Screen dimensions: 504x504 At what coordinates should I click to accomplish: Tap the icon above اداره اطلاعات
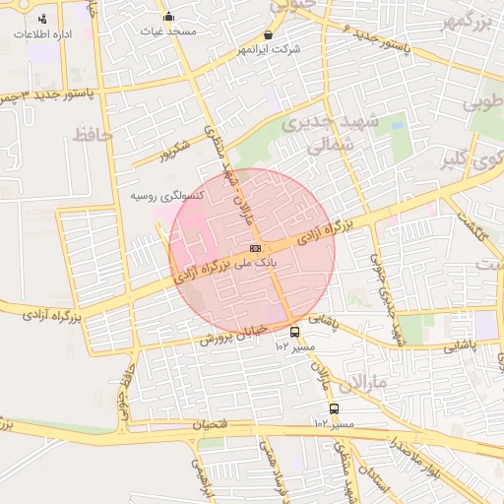pos(41,19)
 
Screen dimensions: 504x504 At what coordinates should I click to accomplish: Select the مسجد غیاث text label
pos(169,31)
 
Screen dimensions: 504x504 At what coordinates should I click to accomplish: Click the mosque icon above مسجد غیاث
pos(169,16)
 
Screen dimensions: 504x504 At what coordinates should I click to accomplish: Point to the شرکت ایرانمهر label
pos(268,49)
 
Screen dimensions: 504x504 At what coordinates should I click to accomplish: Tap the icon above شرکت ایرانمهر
pos(268,34)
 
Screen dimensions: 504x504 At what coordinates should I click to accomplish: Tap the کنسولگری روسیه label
pos(167,196)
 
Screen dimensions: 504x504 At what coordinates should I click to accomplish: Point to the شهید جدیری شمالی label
pos(316,134)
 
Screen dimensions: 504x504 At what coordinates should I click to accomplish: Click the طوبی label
pos(484,102)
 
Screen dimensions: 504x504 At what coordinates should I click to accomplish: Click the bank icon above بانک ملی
pos(255,248)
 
